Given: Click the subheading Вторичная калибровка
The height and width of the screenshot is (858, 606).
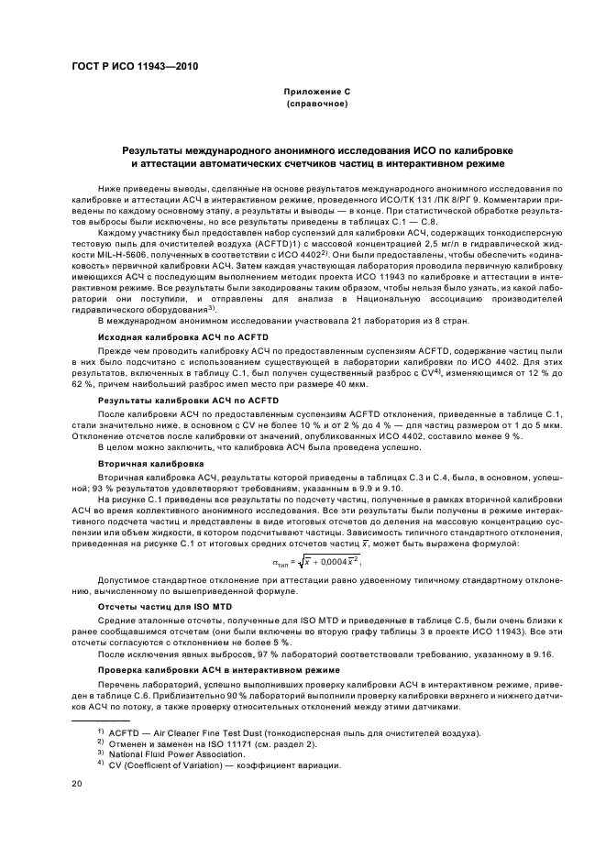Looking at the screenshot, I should pyautogui.click(x=138, y=464).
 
